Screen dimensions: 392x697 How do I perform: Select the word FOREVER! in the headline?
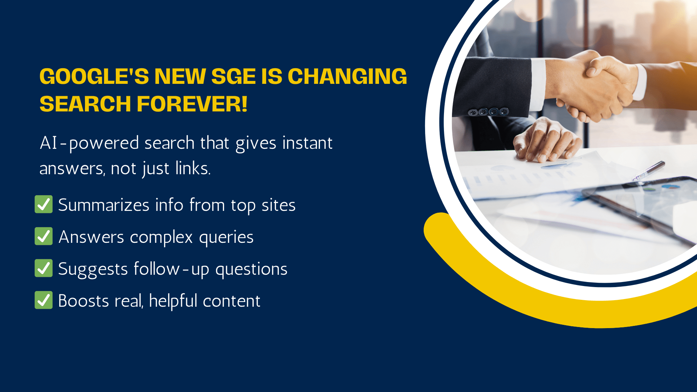[192, 104]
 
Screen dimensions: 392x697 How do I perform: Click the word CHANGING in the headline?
[347, 77]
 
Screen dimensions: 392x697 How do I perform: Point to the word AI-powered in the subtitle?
[89, 143]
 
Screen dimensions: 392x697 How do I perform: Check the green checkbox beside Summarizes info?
[44, 204]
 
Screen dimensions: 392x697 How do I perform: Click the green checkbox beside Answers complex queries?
[44, 236]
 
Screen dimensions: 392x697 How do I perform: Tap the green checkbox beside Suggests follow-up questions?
[44, 268]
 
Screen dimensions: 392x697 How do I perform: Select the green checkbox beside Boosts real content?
[44, 300]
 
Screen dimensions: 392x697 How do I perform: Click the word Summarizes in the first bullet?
[104, 205]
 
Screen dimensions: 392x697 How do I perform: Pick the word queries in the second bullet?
[226, 237]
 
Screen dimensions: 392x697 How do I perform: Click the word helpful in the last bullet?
[173, 301]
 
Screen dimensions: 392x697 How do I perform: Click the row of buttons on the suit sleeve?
[488, 112]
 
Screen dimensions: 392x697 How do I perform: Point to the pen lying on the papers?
[648, 171]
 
